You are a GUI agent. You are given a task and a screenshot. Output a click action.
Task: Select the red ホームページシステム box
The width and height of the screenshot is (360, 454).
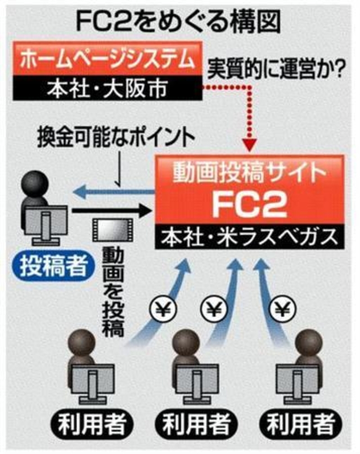pos(107,59)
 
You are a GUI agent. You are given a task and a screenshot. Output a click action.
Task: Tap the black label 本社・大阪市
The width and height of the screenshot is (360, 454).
pos(107,88)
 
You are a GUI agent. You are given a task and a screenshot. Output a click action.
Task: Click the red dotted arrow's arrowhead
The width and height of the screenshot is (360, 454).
pos(249,146)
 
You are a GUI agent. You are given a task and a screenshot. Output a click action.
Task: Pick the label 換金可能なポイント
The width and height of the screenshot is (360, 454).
pos(116,139)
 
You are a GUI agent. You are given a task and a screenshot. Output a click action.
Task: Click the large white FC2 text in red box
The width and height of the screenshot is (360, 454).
pos(249,204)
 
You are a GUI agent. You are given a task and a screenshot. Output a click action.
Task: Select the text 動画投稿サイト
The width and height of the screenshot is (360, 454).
pos(249,173)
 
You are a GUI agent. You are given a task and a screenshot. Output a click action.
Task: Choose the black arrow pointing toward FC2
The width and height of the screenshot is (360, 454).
pos(112,211)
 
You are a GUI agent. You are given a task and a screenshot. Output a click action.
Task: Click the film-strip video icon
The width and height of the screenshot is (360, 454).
pos(112,230)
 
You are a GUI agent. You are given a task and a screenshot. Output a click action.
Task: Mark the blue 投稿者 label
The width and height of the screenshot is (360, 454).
pos(53,266)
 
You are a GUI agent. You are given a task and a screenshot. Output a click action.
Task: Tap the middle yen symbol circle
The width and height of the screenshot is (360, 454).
pos(214,310)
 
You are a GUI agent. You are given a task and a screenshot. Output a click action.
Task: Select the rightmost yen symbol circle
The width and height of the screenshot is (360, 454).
pos(281,310)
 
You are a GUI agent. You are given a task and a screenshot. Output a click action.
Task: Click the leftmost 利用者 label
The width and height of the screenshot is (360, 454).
pos(92,424)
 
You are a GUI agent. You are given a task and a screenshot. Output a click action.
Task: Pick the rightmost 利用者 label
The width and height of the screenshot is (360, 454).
pos(301,424)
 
